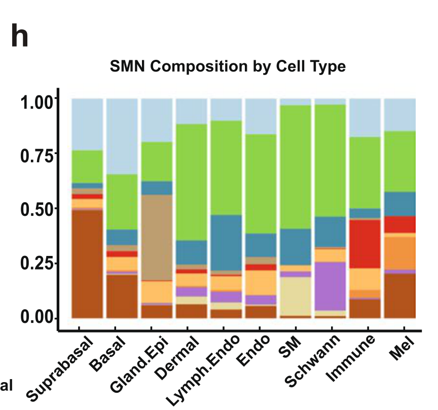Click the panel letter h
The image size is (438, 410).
20,38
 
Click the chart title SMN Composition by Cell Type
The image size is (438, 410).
228,66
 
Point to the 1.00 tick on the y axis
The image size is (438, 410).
38,101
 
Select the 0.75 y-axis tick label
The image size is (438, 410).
38,156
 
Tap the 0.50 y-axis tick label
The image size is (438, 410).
38,209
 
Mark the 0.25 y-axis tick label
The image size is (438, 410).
38,264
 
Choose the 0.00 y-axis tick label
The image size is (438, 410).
38,318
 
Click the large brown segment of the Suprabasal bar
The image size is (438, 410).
87,264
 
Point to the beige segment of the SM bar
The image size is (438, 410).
296,296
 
